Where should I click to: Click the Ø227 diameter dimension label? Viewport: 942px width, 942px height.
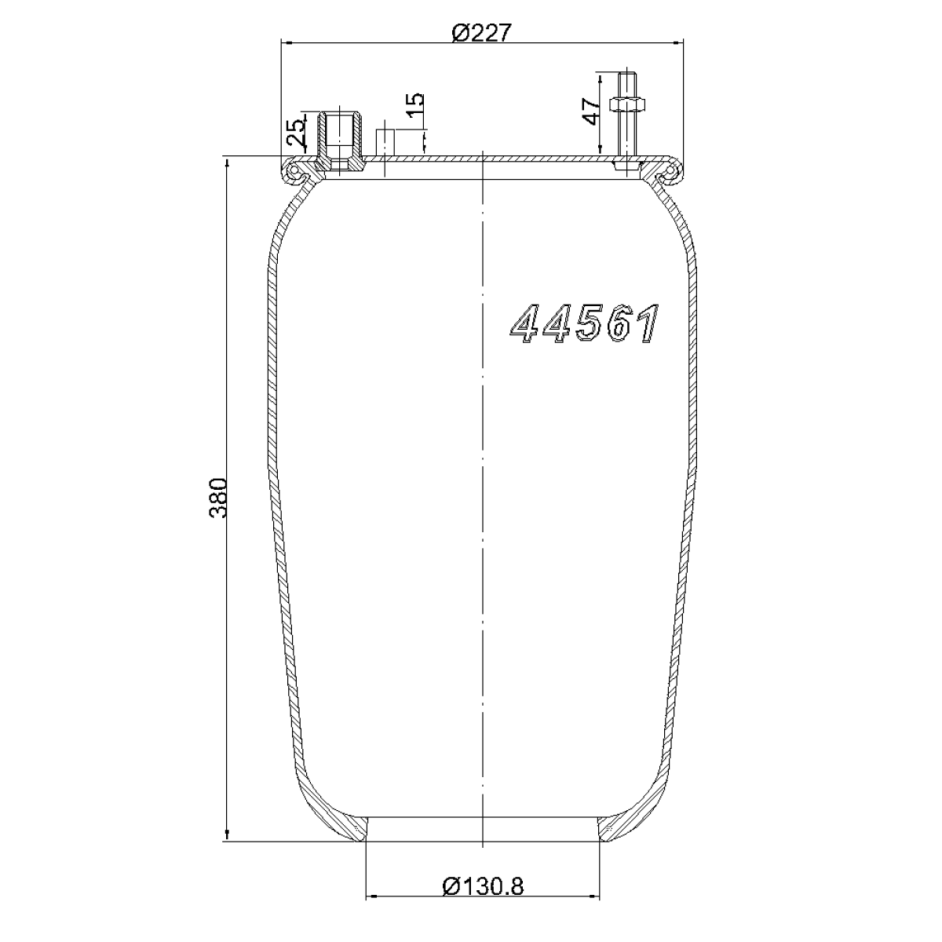481,33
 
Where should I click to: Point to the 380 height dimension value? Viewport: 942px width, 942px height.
217,498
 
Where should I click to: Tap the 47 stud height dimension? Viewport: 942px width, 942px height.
591,111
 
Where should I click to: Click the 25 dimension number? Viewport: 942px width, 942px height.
296,133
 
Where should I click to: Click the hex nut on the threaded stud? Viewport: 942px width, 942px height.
626,104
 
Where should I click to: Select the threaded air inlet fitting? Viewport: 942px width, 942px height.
339,142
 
